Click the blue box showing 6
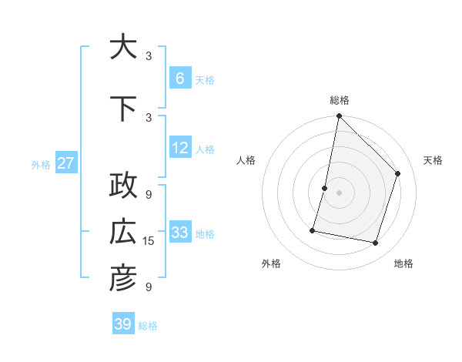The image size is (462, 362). pyautogui.click(x=180, y=79)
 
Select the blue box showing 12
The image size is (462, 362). pyautogui.click(x=180, y=149)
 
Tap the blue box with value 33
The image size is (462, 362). pyautogui.click(x=180, y=233)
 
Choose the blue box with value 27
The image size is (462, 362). pyautogui.click(x=66, y=163)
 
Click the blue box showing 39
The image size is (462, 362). pyautogui.click(x=123, y=324)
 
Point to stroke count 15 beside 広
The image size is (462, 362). pyautogui.click(x=149, y=241)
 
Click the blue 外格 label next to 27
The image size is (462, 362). pyautogui.click(x=41, y=164)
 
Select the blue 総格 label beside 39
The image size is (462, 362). pyautogui.click(x=148, y=325)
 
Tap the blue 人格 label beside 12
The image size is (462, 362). pyautogui.click(x=205, y=149)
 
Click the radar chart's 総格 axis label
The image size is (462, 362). pyautogui.click(x=340, y=100)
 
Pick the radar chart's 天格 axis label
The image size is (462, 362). pyautogui.click(x=434, y=160)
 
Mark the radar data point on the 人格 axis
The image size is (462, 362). pyautogui.click(x=325, y=188)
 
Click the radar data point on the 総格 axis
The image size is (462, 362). pyautogui.click(x=340, y=116)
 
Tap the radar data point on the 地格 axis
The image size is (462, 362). pyautogui.click(x=376, y=243)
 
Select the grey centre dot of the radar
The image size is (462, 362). pyautogui.click(x=340, y=193)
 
